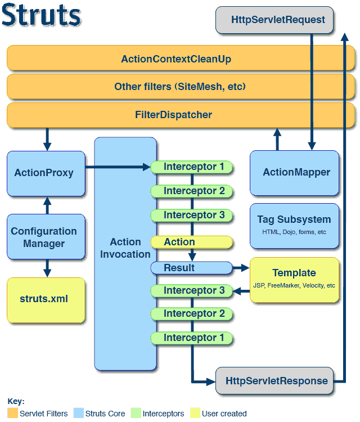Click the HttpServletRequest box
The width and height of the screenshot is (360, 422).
[x=274, y=20]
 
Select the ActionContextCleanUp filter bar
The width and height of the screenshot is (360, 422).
[x=181, y=58]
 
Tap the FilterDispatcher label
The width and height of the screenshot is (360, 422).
[x=173, y=115]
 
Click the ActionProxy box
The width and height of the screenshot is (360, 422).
[x=46, y=174]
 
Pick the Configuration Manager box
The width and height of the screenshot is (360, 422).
[x=46, y=237]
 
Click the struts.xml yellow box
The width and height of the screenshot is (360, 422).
[x=46, y=300]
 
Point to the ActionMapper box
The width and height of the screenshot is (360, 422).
[x=294, y=173]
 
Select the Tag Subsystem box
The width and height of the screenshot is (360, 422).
[x=294, y=226]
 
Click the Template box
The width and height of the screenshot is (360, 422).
[x=294, y=280]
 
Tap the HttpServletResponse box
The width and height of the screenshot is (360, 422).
[x=274, y=380]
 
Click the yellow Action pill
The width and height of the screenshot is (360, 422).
[x=192, y=242]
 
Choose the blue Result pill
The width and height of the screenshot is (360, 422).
[x=192, y=268]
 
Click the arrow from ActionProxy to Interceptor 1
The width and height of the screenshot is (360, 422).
[x=118, y=167]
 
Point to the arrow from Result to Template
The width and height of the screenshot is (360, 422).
[x=241, y=268]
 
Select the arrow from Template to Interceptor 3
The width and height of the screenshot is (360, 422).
[x=241, y=291]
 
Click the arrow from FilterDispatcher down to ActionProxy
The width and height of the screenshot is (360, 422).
[x=47, y=139]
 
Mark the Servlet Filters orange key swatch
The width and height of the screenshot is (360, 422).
[x=12, y=413]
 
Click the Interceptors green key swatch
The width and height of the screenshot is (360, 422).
[x=136, y=413]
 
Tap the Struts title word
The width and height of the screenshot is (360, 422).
[x=41, y=15]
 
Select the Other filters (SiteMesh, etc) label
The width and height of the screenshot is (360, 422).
[x=180, y=87]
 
